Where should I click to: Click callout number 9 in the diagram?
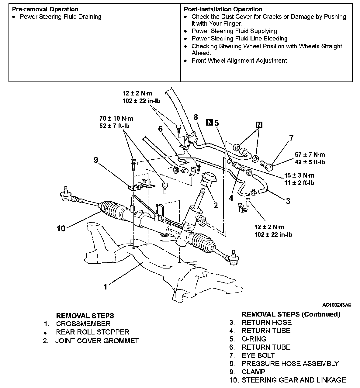tap(96, 160)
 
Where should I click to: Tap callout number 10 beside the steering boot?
tap(61, 228)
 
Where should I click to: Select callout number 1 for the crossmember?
tap(105, 286)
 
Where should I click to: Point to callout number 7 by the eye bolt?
tap(291, 138)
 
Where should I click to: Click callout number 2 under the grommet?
tap(216, 206)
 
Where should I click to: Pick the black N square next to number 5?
tap(209, 123)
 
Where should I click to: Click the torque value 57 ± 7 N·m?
tap(310, 155)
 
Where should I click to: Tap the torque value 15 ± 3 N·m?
tap(299, 175)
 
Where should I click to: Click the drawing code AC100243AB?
tap(337, 305)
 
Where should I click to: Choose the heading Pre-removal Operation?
tap(45, 9)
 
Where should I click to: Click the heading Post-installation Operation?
tap(223, 9)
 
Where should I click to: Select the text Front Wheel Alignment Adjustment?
tap(239, 61)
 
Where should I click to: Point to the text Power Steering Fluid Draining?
tap(61, 17)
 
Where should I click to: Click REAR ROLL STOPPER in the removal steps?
tap(92, 332)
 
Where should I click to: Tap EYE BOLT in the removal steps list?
tap(258, 355)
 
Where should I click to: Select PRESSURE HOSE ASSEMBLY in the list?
tap(290, 364)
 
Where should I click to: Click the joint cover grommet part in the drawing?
tap(208, 180)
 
